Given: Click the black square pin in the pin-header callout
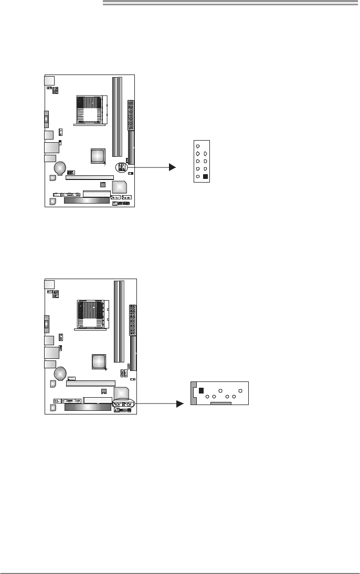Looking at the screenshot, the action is (x=205, y=177).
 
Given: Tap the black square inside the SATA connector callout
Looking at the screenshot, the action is (x=201, y=390).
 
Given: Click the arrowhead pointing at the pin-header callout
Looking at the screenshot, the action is (x=172, y=167).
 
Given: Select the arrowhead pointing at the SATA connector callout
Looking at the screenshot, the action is (x=181, y=403).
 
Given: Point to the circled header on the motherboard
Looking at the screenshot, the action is (x=122, y=167).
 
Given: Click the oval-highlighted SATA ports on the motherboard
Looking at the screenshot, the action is (x=123, y=404).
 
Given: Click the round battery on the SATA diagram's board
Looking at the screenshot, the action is (x=60, y=373).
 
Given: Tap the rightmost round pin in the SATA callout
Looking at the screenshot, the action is (x=240, y=391).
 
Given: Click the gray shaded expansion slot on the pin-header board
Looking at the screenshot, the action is (x=87, y=200).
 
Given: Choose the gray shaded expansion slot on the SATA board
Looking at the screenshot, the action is (x=87, y=406).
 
